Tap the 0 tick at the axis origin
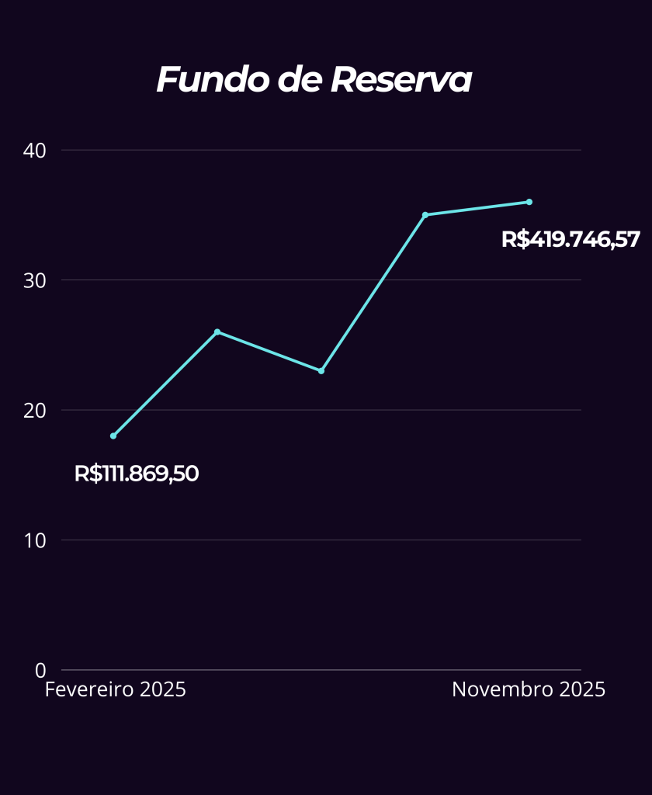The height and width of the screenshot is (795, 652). pos(41,670)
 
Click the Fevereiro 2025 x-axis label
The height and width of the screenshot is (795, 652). pos(116,689)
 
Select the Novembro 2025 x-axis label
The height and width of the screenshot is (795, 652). pos(529,689)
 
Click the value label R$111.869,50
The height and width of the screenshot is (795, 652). pos(137,474)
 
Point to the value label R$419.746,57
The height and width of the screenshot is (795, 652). pos(570,239)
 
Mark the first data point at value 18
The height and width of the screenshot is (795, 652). pos(113,436)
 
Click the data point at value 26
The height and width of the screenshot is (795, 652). pos(217,332)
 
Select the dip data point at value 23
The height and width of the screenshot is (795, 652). pos(321,371)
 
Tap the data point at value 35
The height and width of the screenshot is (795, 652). pos(425,215)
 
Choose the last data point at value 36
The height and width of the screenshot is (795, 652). pos(529,202)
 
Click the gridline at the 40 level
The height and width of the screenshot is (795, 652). pos(310,150)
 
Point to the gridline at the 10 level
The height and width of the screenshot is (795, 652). pos(310,540)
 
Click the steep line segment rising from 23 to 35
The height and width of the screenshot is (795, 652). pos(373,293)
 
